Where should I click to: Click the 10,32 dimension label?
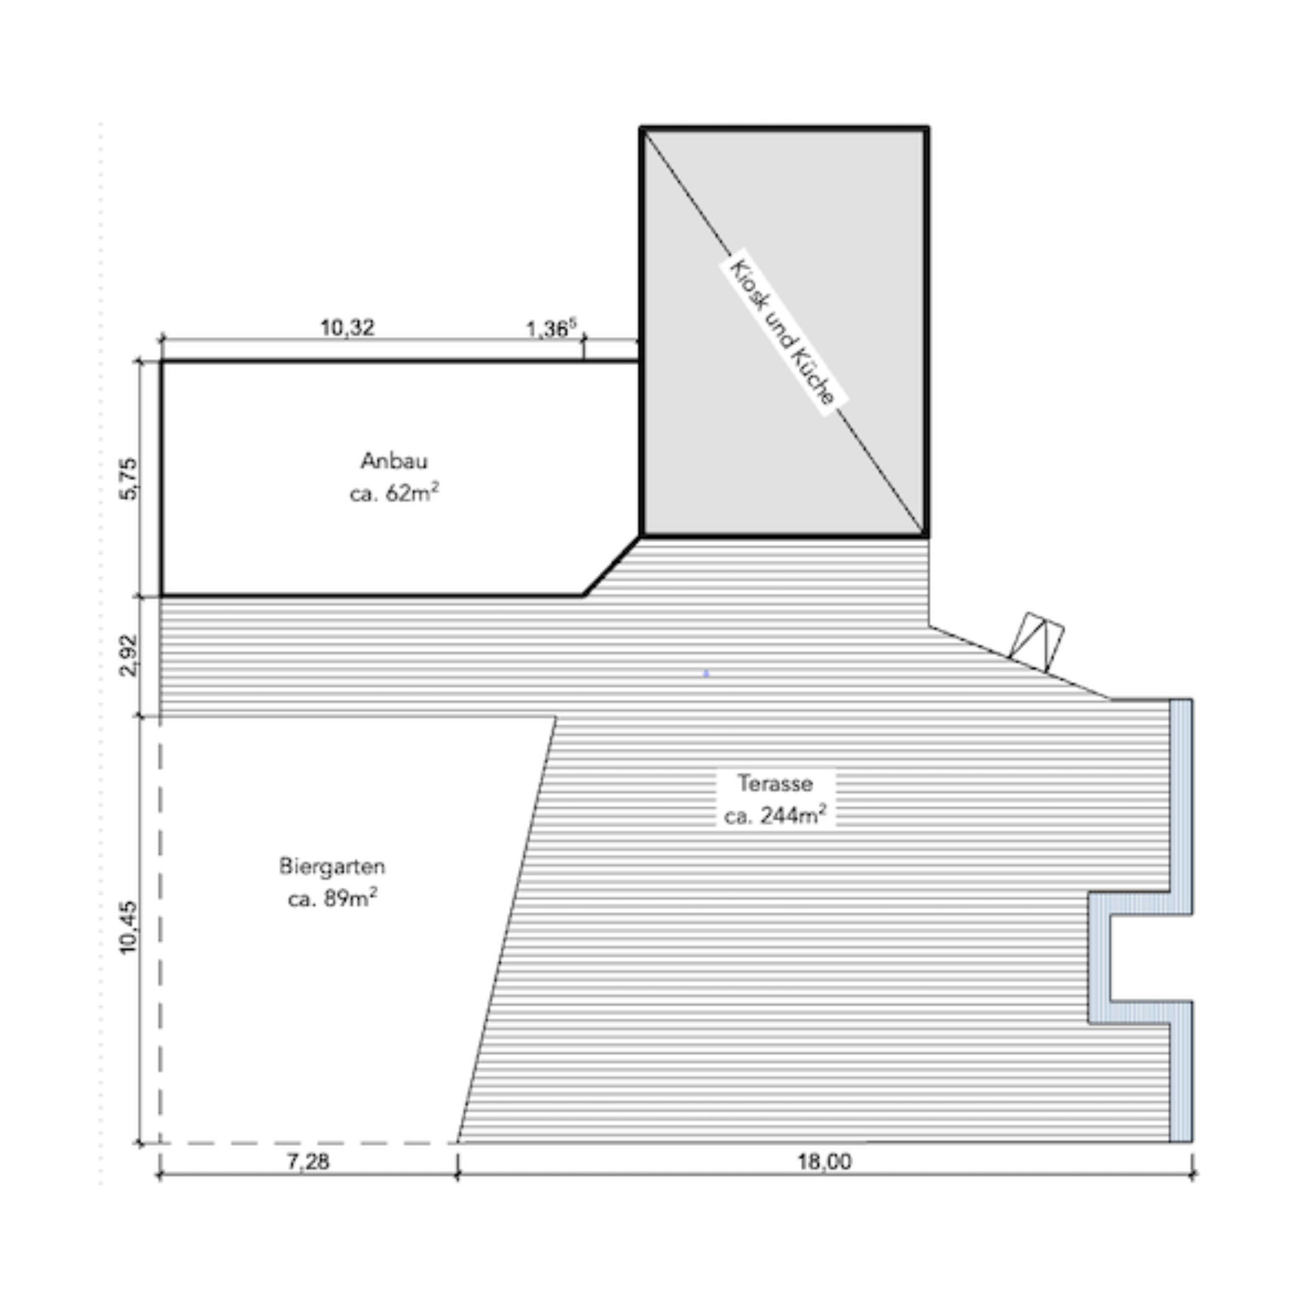pyautogui.click(x=347, y=328)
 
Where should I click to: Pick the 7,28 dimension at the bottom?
pyautogui.click(x=308, y=1162)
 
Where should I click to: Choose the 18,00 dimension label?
pyautogui.click(x=824, y=1162)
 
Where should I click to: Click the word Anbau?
pyautogui.click(x=394, y=461)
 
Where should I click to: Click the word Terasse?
pyautogui.click(x=775, y=784)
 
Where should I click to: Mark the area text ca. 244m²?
pyautogui.click(x=775, y=815)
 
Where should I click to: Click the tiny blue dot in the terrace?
pyautogui.click(x=706, y=673)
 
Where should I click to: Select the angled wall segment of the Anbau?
pyautogui.click(x=612, y=567)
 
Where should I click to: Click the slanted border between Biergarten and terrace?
pyautogui.click(x=507, y=929)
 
